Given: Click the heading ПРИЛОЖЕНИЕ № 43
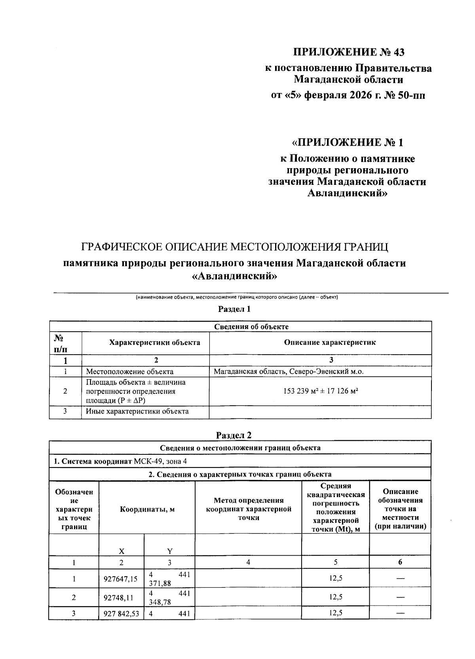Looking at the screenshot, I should [349, 52].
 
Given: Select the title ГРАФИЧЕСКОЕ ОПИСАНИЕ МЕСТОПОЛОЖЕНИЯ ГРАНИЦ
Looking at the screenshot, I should [235, 247].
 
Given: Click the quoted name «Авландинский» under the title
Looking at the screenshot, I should [235, 276].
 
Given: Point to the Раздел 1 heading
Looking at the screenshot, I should [234, 309].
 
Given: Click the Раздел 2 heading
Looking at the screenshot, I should [234, 435].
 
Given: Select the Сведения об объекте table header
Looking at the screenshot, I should [251, 327].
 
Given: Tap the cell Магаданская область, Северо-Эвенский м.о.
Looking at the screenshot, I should [288, 372].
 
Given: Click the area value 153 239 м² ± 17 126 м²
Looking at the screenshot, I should [321, 391].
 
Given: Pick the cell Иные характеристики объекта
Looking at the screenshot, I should [137, 411].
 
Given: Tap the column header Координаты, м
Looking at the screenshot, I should [147, 509].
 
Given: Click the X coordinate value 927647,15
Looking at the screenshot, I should [121, 579].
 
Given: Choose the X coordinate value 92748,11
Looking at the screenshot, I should [121, 597].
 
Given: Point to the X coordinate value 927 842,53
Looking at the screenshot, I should [121, 614].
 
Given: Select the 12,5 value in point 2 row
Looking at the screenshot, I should [335, 597].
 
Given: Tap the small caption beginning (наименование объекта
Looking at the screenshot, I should [236, 297].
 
